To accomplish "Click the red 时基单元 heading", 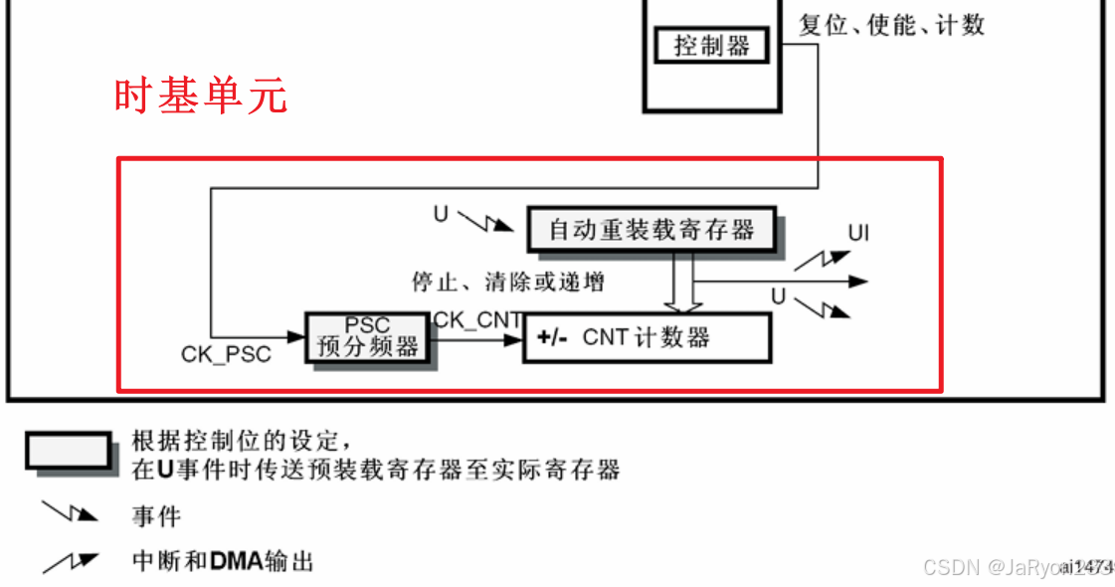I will pyautogui.click(x=200, y=97).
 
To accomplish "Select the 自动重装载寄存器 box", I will pyautogui.click(x=651, y=230).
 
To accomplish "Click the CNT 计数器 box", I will pyautogui.click(x=647, y=337).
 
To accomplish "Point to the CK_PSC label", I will pyautogui.click(x=226, y=354).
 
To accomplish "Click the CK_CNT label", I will pyautogui.click(x=477, y=319).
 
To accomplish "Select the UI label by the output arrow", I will pyautogui.click(x=858, y=233).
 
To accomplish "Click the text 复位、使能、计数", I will pyautogui.click(x=891, y=25).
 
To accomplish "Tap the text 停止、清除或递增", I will pyautogui.click(x=508, y=282).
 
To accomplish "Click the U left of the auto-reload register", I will pyautogui.click(x=441, y=212).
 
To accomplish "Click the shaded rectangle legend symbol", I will pyautogui.click(x=69, y=451).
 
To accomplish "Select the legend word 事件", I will pyautogui.click(x=156, y=516).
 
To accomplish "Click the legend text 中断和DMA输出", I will pyautogui.click(x=223, y=561).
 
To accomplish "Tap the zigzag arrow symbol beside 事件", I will pyautogui.click(x=71, y=512).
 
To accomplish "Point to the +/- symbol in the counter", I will pyautogui.click(x=551, y=338).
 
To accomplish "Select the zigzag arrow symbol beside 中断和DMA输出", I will pyautogui.click(x=71, y=562).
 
